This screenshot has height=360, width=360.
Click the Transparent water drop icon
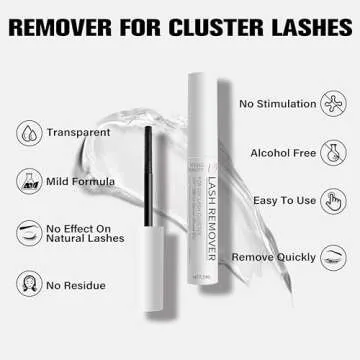28,130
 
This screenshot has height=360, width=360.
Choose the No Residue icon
28,287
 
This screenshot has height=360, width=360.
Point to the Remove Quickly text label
268,257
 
